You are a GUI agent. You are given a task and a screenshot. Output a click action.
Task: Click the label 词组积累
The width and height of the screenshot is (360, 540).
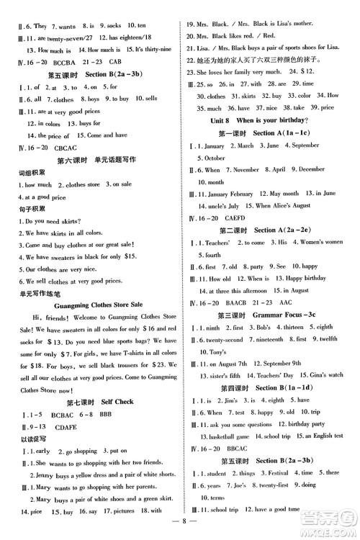coord(17,172)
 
